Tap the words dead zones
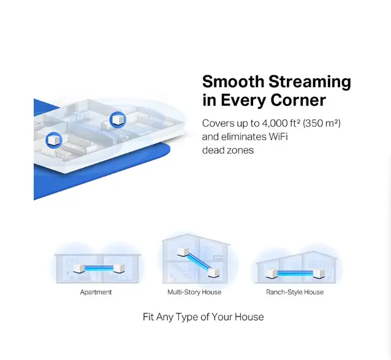point(228,150)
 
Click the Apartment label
point(96,292)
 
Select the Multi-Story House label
point(194,292)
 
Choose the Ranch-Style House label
point(295,292)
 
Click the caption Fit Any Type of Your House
point(203,317)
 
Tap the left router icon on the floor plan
point(54,140)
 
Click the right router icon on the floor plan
point(118,119)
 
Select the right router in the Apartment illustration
point(117,268)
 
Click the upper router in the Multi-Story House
point(183,251)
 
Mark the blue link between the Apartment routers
point(98,268)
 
